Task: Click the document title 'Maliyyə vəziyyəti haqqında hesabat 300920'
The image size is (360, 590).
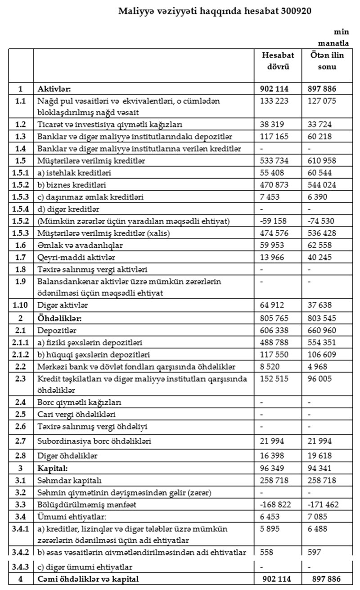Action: (x=215, y=11)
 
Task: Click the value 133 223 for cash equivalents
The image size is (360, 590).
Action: (x=274, y=102)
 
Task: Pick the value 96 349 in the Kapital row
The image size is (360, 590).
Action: (x=272, y=468)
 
